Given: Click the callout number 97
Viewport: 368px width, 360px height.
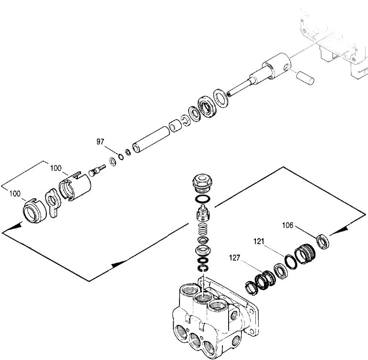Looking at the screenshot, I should (100, 142).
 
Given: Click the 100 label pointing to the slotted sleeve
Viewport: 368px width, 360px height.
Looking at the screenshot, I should (56, 168).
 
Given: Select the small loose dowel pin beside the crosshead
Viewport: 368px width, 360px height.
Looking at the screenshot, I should (305, 77).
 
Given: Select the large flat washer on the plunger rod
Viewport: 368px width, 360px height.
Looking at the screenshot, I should (220, 97).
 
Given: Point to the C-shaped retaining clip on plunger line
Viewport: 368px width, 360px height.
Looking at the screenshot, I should (185, 120).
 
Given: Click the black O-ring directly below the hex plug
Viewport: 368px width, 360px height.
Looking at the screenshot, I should (203, 198).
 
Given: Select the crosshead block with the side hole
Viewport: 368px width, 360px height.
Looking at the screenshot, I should (277, 66).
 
